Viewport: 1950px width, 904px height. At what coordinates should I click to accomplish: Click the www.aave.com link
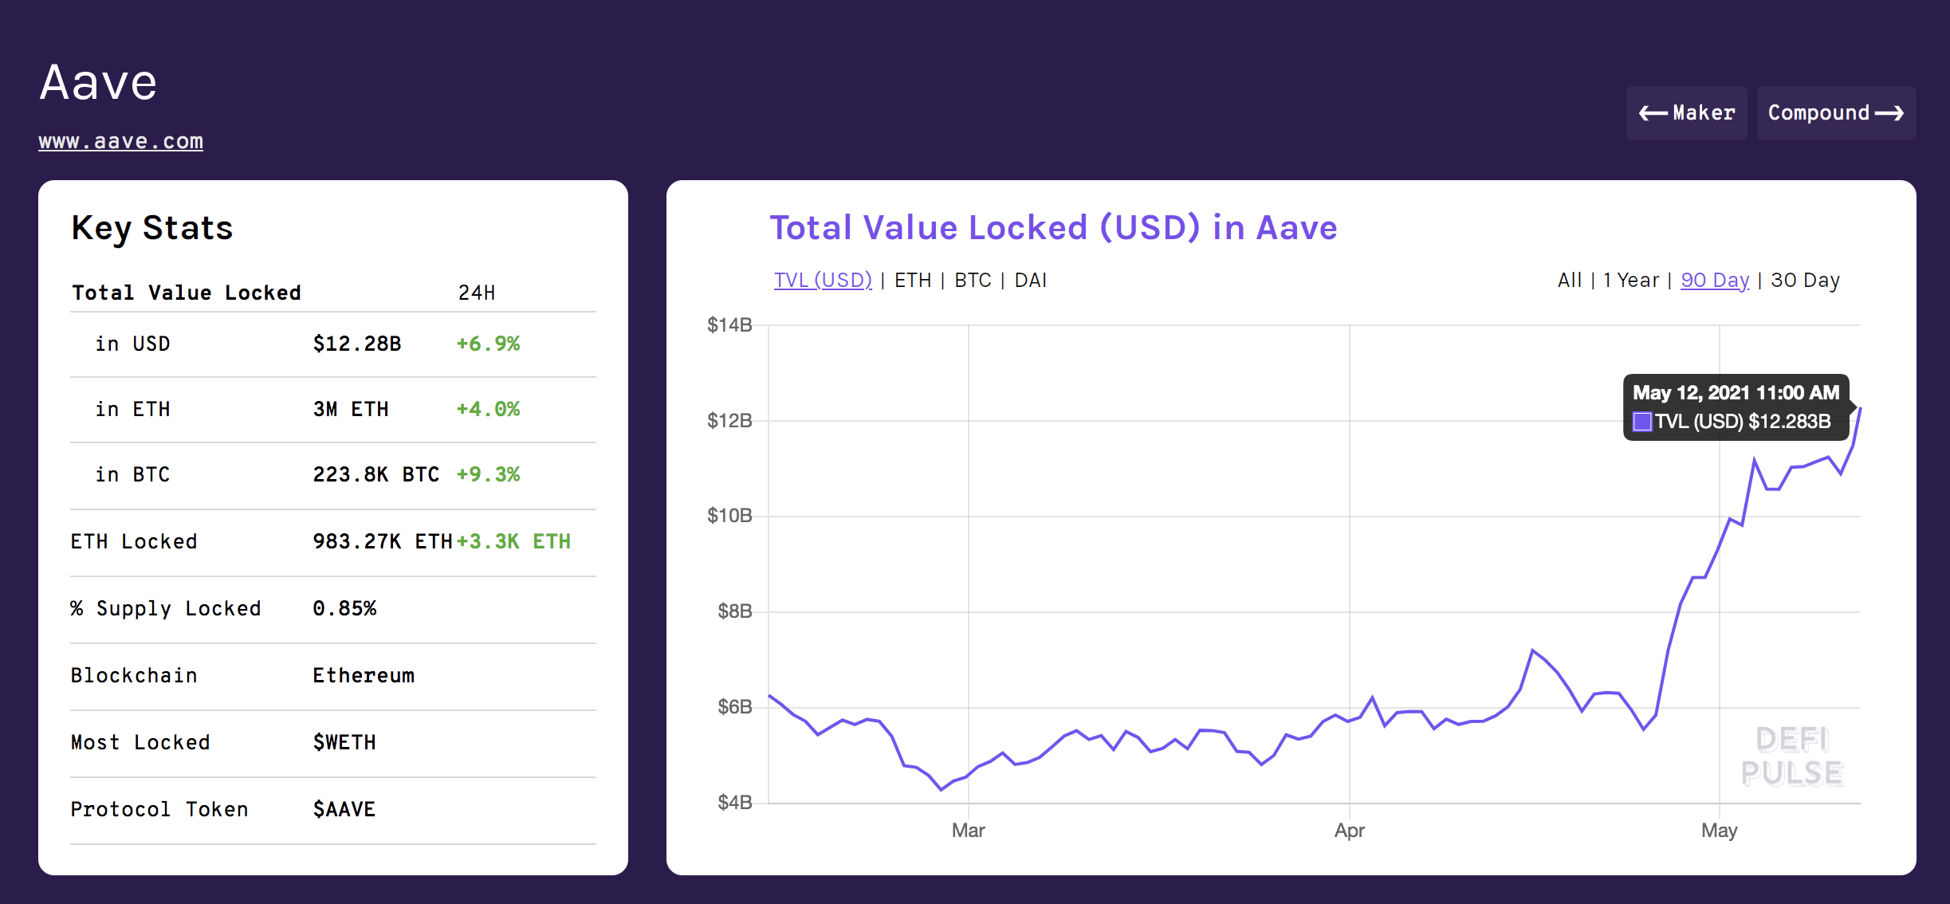[120, 141]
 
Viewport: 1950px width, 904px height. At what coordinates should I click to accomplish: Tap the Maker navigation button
[1686, 113]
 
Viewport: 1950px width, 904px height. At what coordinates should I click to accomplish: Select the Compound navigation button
[1835, 113]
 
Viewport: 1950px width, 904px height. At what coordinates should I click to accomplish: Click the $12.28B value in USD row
[356, 344]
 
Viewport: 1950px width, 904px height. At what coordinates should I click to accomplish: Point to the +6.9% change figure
[487, 344]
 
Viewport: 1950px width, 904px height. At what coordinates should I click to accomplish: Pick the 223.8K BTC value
[375, 474]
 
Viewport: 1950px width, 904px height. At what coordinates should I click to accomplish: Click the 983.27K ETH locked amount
[382, 541]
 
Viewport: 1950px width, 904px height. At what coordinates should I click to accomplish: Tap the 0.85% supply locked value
[344, 608]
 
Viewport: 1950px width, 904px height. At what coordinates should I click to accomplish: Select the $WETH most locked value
[344, 742]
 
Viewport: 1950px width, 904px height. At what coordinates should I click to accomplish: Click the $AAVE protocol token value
[344, 809]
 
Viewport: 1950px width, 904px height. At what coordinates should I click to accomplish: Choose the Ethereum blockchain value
[363, 675]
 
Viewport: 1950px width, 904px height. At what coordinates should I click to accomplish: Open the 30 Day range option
[1805, 281]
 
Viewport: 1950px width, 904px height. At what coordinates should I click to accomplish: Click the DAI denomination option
[1030, 281]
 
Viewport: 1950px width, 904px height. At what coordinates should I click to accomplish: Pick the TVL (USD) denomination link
[823, 281]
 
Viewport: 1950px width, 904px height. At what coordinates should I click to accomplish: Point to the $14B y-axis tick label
[729, 325]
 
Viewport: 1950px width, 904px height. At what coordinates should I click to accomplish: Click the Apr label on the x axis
[1349, 831]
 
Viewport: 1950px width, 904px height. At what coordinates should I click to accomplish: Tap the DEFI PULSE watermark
[1791, 757]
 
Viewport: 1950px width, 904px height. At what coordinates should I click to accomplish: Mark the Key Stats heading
[152, 228]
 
